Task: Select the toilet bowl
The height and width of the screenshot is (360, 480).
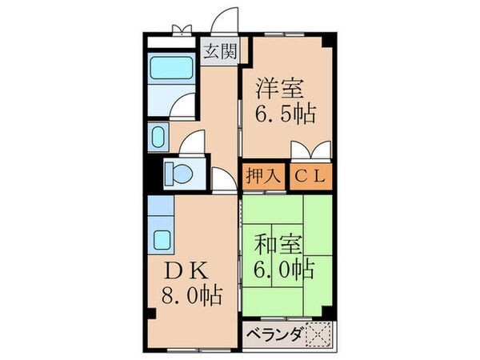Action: pos(176,172)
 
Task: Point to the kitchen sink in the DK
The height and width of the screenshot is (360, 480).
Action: pos(162,238)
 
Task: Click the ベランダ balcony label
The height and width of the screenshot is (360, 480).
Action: pos(273,334)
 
